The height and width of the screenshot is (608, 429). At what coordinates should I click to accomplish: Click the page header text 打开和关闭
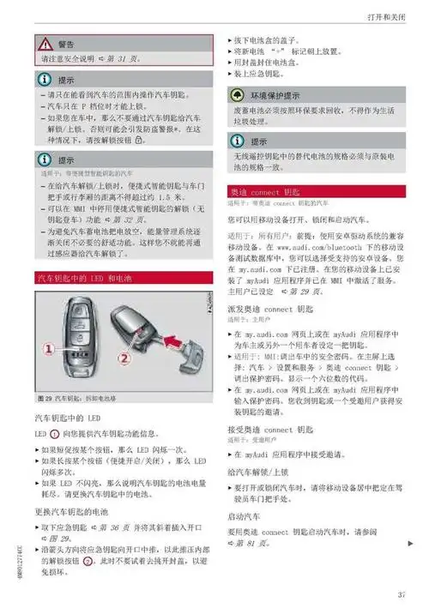click(386, 17)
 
